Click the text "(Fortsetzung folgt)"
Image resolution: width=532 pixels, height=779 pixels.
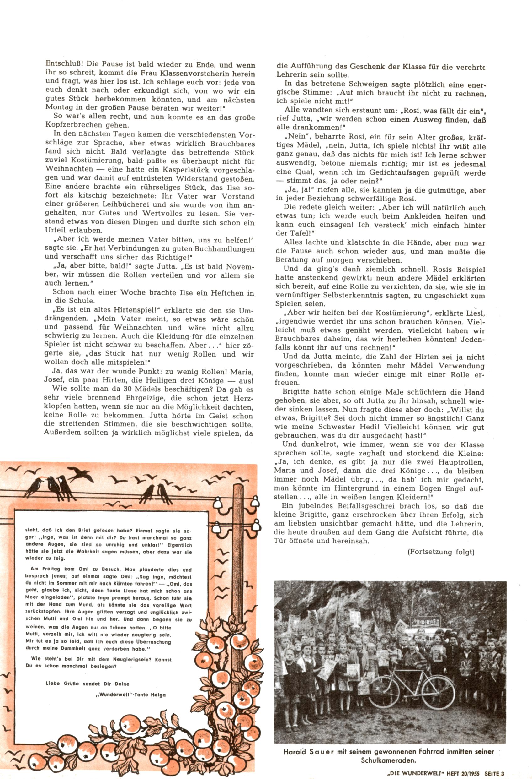coord(441,552)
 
